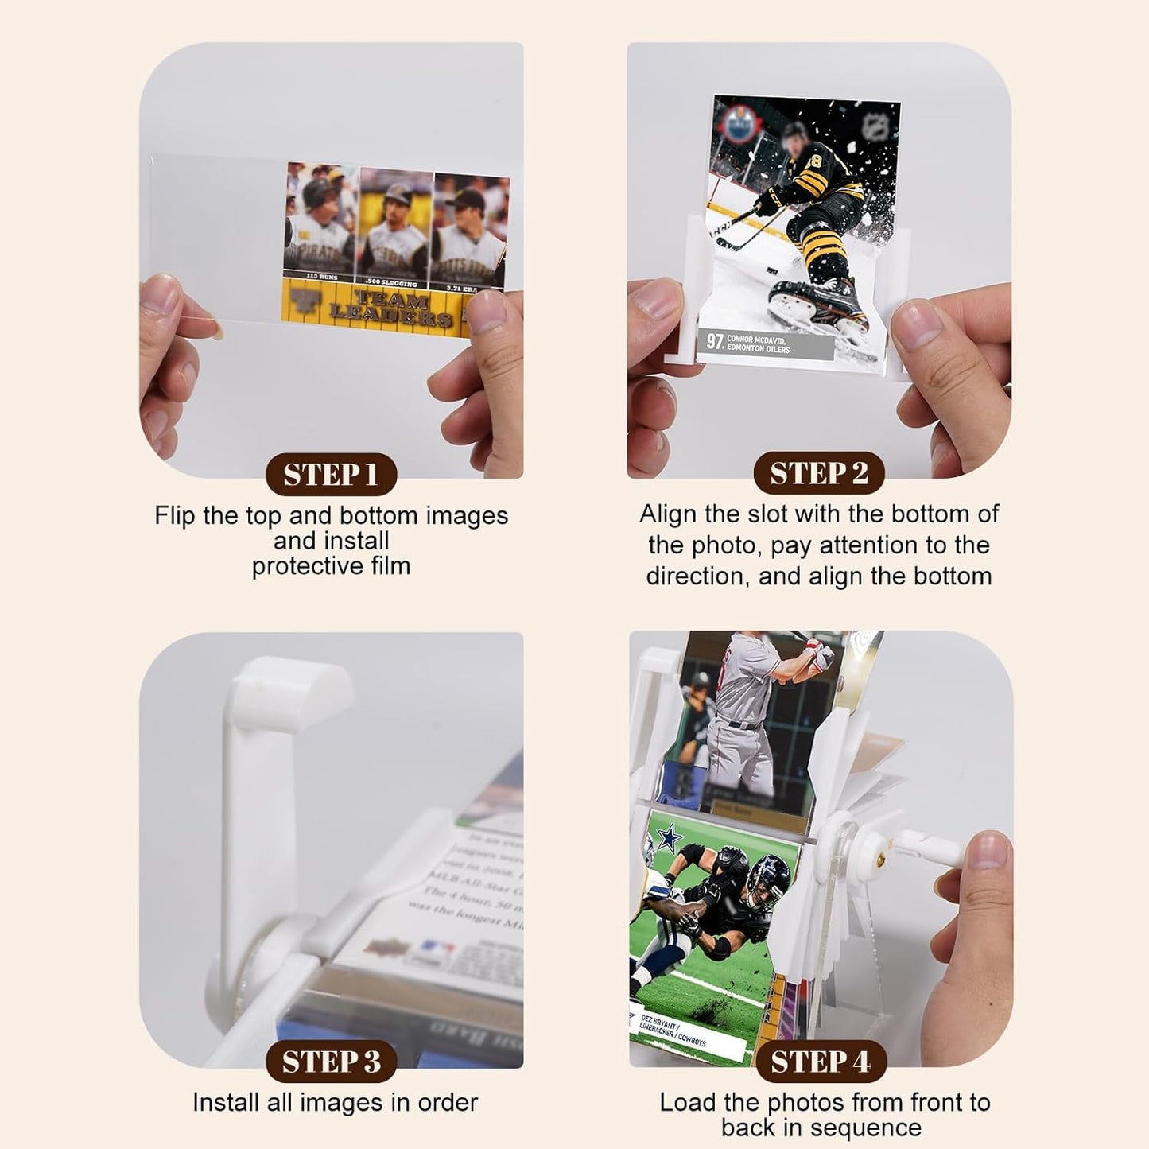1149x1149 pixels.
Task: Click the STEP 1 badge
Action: pyautogui.click(x=330, y=475)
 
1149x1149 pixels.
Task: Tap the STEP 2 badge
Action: pyautogui.click(x=818, y=473)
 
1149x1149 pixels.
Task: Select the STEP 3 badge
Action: pyautogui.click(x=330, y=1062)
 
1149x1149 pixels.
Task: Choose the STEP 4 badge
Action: pyautogui.click(x=820, y=1062)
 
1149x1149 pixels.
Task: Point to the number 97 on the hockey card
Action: pyautogui.click(x=714, y=342)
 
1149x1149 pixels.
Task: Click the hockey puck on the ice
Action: pyautogui.click(x=771, y=271)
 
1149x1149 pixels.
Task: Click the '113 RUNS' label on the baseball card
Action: pyautogui.click(x=322, y=278)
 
